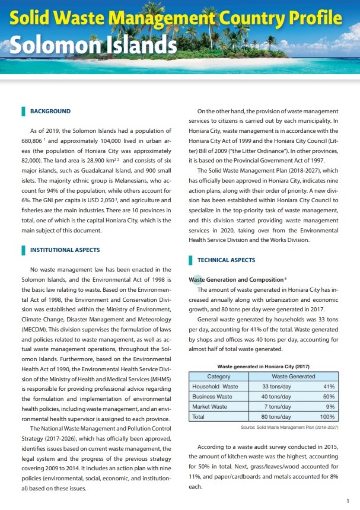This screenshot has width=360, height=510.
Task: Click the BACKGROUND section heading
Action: point(50,111)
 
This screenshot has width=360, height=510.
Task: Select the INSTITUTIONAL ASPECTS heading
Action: point(65,250)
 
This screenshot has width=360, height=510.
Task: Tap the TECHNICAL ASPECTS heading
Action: point(226,260)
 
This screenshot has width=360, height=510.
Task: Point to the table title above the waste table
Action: point(263,367)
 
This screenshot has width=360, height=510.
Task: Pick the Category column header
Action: point(218,377)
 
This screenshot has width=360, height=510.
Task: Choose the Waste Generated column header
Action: point(293,377)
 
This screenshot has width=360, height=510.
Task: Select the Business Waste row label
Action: point(212,397)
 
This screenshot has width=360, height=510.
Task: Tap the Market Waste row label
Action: point(210,407)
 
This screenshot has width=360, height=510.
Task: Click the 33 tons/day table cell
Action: point(276,387)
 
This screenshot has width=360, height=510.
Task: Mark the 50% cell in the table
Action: point(330,397)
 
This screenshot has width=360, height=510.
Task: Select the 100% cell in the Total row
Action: point(328,417)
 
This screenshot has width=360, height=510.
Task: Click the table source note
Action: point(289,427)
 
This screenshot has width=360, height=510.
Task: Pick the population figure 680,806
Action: point(33,143)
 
